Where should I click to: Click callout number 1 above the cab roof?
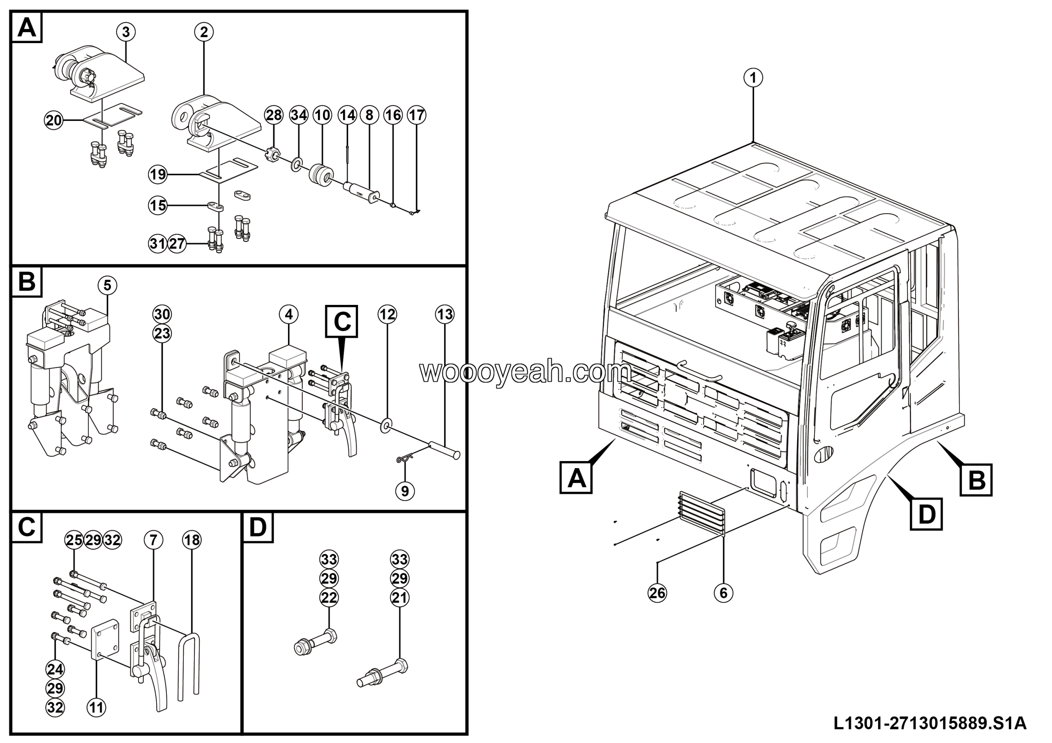click(753, 77)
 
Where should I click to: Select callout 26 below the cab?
click(657, 593)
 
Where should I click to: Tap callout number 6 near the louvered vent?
click(724, 593)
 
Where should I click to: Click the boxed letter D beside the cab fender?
click(926, 515)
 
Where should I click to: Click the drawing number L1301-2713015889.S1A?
click(930, 723)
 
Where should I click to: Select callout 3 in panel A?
click(126, 32)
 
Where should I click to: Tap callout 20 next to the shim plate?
click(53, 120)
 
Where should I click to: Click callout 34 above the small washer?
click(299, 115)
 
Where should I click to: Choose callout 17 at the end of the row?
click(417, 115)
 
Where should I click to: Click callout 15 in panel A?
click(158, 205)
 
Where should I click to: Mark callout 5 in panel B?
click(107, 285)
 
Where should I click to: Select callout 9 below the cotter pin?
click(405, 491)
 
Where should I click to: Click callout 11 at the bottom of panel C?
click(96, 708)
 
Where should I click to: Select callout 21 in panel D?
click(399, 598)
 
